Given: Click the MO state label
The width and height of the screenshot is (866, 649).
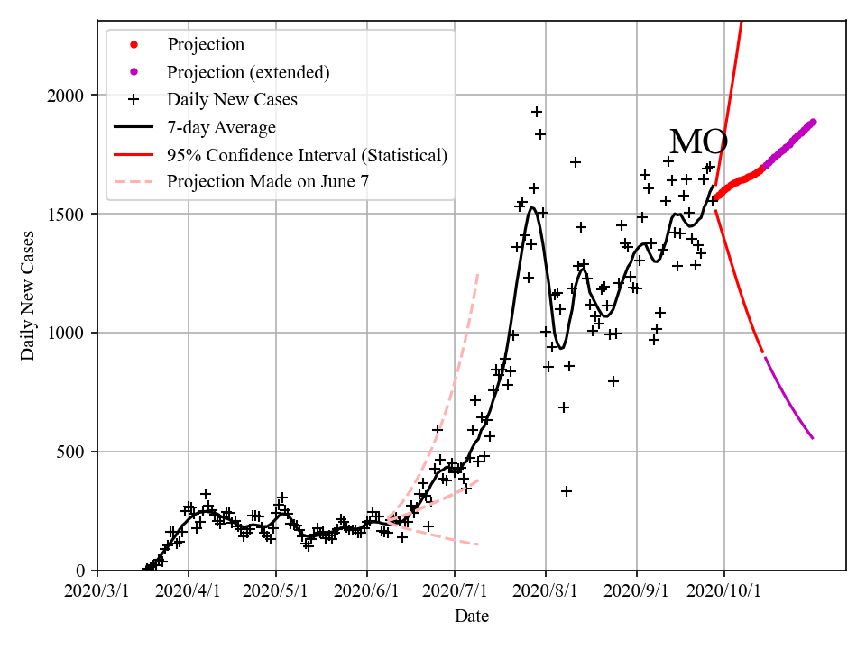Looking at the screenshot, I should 698,142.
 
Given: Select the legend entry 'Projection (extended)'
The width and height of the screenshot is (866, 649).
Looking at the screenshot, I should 248,72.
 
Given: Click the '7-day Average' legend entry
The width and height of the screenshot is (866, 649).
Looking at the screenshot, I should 221,127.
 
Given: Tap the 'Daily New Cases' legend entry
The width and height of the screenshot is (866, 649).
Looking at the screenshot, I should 232,99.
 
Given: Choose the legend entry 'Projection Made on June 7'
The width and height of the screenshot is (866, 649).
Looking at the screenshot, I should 268,182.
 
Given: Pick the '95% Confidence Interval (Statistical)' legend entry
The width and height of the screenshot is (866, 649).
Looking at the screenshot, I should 307,155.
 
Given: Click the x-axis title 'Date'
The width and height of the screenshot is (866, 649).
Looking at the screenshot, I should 472,617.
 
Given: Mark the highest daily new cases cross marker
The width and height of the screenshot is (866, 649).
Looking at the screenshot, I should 536,112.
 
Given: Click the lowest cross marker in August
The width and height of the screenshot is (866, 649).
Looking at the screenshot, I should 567,491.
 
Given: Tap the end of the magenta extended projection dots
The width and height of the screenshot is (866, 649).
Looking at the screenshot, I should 813,122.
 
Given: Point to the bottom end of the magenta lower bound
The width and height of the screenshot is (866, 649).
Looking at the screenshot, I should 813,438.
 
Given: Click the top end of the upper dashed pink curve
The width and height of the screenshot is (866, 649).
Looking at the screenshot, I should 477,273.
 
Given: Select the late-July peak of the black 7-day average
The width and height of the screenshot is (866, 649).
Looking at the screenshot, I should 532,208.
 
